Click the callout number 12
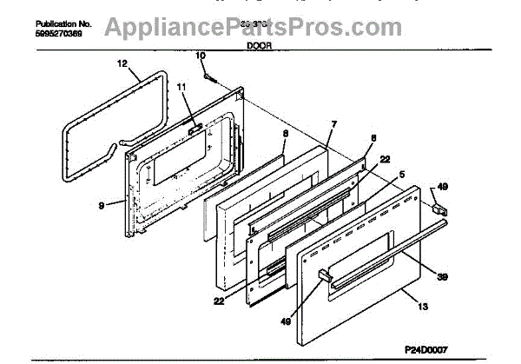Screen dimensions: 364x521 pyautogui.click(x=122, y=63)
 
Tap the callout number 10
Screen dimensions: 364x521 pyautogui.click(x=201, y=56)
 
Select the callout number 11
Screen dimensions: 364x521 pyautogui.click(x=181, y=87)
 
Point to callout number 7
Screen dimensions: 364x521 pyautogui.click(x=333, y=126)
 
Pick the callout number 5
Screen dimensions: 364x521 pyautogui.click(x=402, y=174)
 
